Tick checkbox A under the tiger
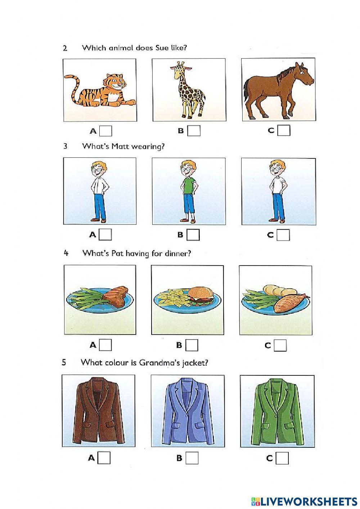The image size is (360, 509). [x=105, y=131]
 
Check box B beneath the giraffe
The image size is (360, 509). [x=194, y=131]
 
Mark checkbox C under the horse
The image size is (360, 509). [x=284, y=130]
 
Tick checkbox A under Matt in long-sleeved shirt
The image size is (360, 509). [x=105, y=235]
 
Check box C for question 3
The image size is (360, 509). [x=283, y=235]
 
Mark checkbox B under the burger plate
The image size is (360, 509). [x=192, y=345]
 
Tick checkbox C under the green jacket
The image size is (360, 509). [x=282, y=458]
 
